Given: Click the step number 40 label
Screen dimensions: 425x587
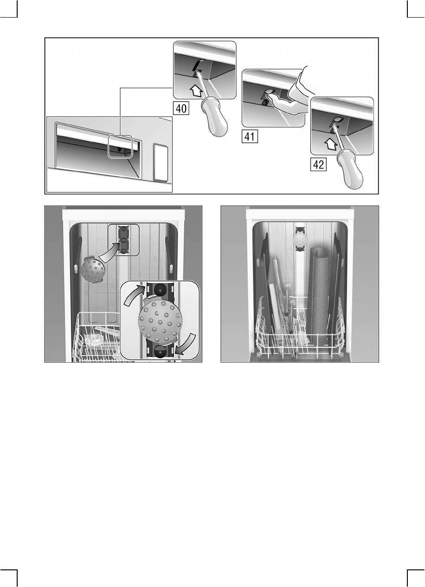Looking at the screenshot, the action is pyautogui.click(x=181, y=108).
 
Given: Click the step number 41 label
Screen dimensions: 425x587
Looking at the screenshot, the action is pyautogui.click(x=250, y=136).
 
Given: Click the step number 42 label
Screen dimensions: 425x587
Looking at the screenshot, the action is pyautogui.click(x=318, y=164).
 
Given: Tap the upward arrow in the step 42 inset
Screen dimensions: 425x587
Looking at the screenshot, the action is pyautogui.click(x=330, y=145).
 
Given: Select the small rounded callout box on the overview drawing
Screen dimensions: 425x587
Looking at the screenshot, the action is pyautogui.click(x=120, y=146).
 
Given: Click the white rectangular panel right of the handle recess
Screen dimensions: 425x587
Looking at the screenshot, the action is pyautogui.click(x=161, y=163).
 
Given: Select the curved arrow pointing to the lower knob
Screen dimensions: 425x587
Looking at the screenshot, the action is pyautogui.click(x=187, y=345).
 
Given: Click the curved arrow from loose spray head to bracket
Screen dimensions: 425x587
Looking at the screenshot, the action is pyautogui.click(x=108, y=252).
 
